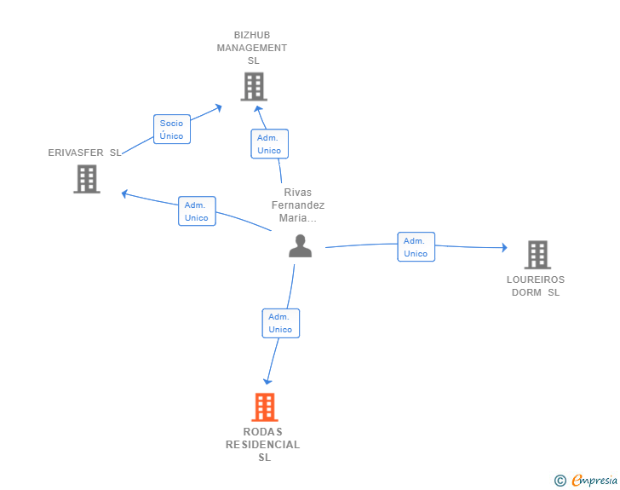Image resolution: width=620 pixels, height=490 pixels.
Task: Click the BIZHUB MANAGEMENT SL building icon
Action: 254,86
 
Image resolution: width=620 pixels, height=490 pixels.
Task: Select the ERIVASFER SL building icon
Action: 87,179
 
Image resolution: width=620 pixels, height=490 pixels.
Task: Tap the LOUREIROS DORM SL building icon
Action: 537,255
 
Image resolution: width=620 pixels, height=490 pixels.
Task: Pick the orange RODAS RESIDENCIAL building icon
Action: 265,407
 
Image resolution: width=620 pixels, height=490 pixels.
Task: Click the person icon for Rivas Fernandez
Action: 300,245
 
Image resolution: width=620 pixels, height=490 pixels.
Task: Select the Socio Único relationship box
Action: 172,129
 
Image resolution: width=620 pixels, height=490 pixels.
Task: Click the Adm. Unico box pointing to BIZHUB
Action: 270,144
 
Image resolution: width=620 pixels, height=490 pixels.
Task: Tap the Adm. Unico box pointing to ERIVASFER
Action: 197,211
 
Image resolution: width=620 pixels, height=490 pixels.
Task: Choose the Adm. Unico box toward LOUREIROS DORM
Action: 416,246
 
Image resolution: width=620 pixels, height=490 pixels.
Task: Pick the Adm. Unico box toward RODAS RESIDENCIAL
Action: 281,323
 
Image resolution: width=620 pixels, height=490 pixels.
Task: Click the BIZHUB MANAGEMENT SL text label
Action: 252,48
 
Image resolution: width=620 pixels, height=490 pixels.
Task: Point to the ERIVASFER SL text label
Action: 84,153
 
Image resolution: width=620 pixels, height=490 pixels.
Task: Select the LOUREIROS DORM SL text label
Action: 536,285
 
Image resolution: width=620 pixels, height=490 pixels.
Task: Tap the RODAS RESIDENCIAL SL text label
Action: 263,444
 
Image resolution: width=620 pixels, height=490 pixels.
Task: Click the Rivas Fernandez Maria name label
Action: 298,205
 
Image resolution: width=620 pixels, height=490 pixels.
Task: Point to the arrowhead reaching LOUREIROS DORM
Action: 504,247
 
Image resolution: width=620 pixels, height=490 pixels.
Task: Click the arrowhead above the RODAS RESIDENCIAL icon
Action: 267,381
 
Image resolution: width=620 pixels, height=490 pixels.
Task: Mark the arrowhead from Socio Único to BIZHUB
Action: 219,107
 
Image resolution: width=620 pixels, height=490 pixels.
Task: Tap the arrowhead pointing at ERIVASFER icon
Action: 124,193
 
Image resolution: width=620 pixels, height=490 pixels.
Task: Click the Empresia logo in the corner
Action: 586,480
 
